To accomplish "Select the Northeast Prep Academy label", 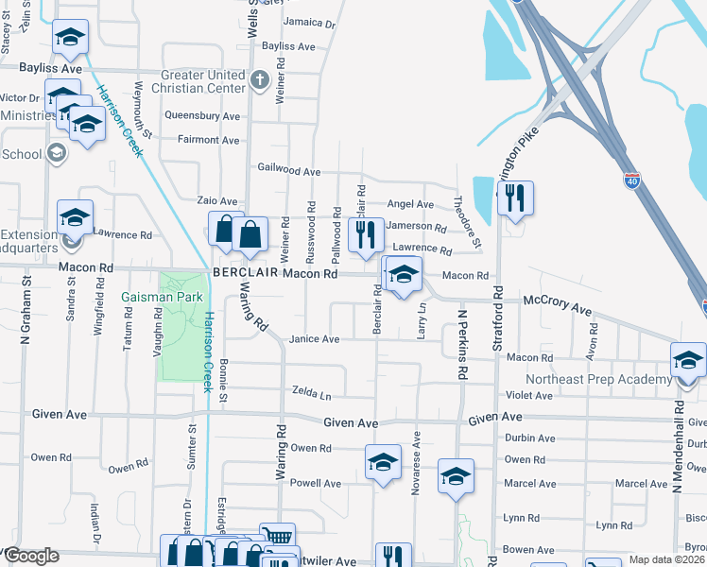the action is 612,380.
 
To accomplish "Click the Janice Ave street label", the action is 314,339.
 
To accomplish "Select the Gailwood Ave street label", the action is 289,171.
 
